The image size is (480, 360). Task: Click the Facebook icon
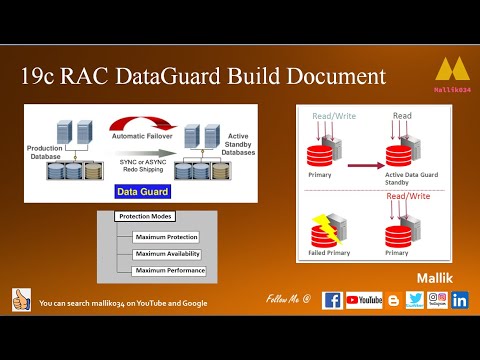[x=332, y=299]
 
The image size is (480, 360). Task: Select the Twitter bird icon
[x=415, y=299]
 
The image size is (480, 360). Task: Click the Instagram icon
[x=437, y=299]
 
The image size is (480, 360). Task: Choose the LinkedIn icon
[x=460, y=299]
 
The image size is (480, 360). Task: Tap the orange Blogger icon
[x=393, y=299]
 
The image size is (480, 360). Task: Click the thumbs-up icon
[x=21, y=299]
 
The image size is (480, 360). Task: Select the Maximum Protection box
[x=166, y=237]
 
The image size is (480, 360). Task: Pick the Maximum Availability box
[x=166, y=254]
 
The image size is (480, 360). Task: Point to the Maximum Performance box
[x=166, y=270]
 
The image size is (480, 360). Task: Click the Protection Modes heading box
[x=146, y=216]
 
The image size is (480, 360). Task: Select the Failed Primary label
[x=327, y=254]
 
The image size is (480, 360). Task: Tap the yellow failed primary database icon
[x=325, y=227]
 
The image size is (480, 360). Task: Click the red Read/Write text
[x=408, y=197]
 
